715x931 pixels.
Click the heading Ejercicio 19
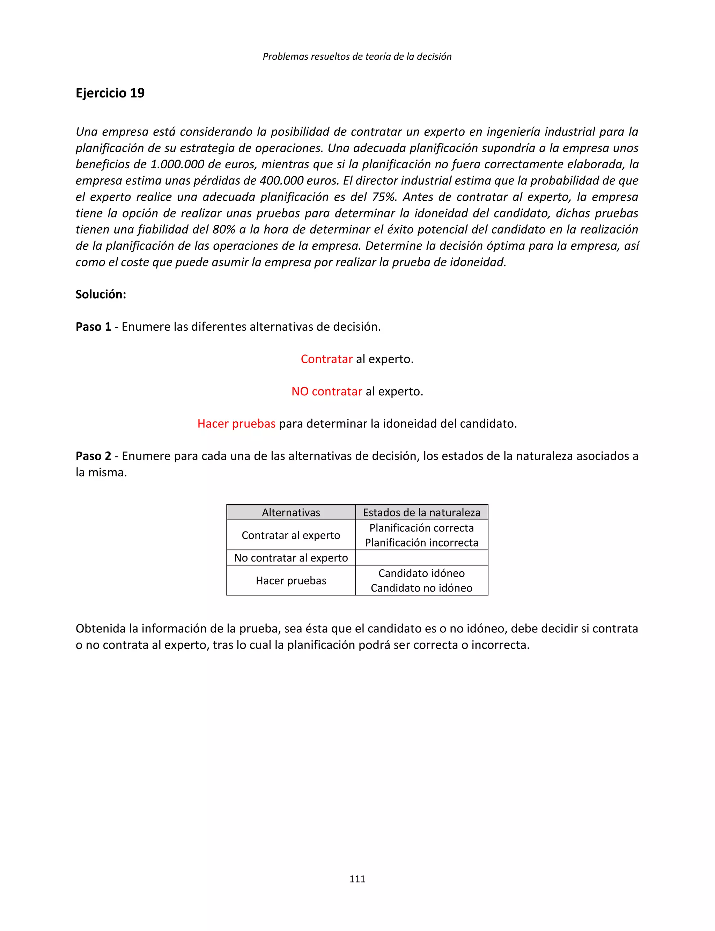pos(110,93)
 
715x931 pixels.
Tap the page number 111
pos(357,879)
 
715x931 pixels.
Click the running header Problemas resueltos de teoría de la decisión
pos(357,56)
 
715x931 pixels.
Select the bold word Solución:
pos(101,294)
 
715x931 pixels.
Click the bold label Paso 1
pos(93,327)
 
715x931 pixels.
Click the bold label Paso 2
pos(93,456)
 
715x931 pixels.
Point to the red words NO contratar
pos(326,391)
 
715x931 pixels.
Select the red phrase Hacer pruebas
pos(236,424)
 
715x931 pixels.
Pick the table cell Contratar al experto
pos(291,535)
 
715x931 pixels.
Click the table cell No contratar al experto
pos(291,558)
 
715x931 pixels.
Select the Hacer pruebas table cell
pos(291,581)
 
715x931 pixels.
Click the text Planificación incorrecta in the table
pos(421,543)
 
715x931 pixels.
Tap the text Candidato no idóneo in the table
pos(421,588)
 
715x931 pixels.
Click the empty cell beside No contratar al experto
pos(421,558)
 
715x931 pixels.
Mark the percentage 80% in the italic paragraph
pos(224,229)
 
